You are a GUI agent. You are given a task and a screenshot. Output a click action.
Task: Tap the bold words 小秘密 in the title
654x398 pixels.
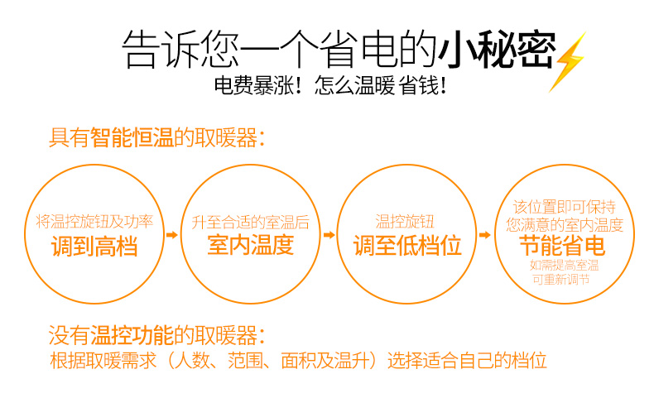pyautogui.click(x=497, y=49)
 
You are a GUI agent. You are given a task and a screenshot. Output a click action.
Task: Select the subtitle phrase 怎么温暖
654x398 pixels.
pyautogui.click(x=354, y=85)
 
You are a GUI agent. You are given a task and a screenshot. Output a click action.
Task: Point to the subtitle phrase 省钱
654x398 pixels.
pyautogui.click(x=418, y=85)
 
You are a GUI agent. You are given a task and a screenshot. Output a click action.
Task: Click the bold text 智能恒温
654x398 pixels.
pyautogui.click(x=132, y=137)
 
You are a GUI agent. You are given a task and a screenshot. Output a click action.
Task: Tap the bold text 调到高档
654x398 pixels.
pyautogui.click(x=94, y=246)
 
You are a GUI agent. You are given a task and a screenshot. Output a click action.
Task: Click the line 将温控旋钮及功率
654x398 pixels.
pyautogui.click(x=94, y=222)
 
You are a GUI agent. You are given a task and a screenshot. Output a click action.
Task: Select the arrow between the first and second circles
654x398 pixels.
pyautogui.click(x=172, y=235)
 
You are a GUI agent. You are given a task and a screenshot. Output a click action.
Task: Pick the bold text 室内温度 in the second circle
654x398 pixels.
pyautogui.click(x=251, y=245)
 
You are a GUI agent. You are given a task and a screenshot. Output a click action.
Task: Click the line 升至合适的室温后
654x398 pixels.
pyautogui.click(x=251, y=223)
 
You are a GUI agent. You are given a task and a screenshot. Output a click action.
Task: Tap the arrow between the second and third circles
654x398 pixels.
pyautogui.click(x=329, y=235)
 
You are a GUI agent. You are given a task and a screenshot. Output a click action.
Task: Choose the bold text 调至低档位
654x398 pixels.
pyautogui.click(x=407, y=245)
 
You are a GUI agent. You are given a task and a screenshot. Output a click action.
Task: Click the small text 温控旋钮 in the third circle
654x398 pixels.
pyautogui.click(x=405, y=222)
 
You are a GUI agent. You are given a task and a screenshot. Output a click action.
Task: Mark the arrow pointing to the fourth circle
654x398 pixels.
pyautogui.click(x=484, y=235)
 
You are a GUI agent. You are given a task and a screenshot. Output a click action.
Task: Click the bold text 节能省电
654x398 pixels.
pyautogui.click(x=563, y=246)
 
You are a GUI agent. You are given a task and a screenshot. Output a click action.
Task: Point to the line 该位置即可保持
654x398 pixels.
pyautogui.click(x=565, y=207)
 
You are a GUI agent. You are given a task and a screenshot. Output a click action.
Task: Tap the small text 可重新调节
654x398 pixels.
pyautogui.click(x=561, y=279)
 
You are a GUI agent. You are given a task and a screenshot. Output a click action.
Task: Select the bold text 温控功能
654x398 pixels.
pyautogui.click(x=132, y=335)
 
